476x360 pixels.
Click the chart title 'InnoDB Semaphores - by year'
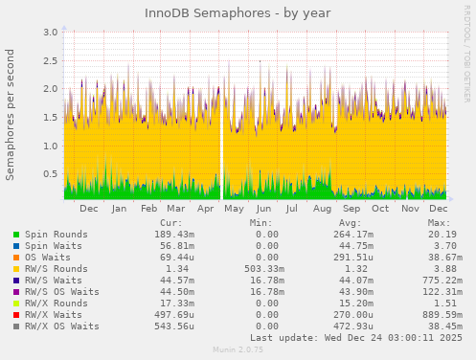pos(238,13)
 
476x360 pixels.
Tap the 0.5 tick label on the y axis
pos(47,174)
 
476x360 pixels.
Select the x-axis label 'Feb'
pos(148,208)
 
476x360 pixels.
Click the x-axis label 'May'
pos(234,208)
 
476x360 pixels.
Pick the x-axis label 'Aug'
pos(322,208)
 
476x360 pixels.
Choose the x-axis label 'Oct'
pos(380,208)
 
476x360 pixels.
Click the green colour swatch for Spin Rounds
pos(16,235)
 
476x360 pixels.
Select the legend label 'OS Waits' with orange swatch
pos(48,258)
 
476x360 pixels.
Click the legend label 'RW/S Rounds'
pos(57,269)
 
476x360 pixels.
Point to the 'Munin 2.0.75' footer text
pos(238,351)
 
